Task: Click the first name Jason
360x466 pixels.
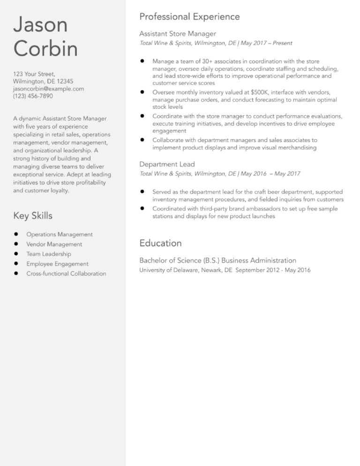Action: pyautogui.click(x=40, y=25)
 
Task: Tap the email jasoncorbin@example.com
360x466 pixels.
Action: pyautogui.click(x=48, y=88)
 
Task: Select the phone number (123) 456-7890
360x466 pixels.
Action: pyautogui.click(x=33, y=96)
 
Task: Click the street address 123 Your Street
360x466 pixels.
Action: pyautogui.click(x=34, y=74)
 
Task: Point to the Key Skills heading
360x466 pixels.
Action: pyautogui.click(x=33, y=216)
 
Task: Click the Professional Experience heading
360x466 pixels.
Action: pyautogui.click(x=189, y=17)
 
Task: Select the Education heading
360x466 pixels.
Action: pyautogui.click(x=160, y=243)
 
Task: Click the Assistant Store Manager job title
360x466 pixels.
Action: pyautogui.click(x=178, y=34)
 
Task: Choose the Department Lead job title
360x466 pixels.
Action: pyautogui.click(x=167, y=164)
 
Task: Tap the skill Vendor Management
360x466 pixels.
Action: pyautogui.click(x=54, y=244)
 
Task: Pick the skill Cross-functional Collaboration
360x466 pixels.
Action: pyautogui.click(x=66, y=274)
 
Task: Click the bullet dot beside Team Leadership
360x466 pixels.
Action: pyautogui.click(x=16, y=254)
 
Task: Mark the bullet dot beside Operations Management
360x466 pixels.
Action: pyautogui.click(x=16, y=234)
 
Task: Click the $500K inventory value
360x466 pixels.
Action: pyautogui.click(x=259, y=92)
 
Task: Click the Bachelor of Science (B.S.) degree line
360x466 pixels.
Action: pyautogui.click(x=217, y=260)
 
